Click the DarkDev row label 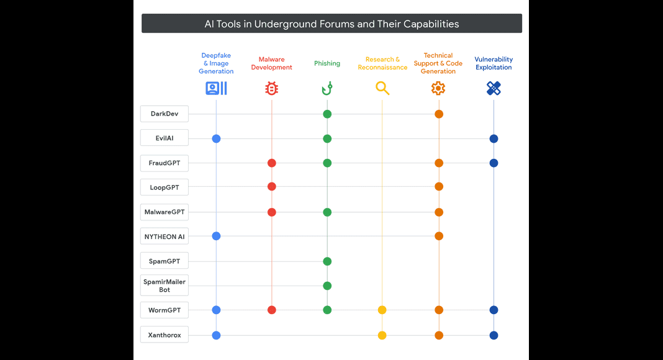coord(165,114)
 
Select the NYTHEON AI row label coord(165,236)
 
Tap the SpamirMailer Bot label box coord(165,286)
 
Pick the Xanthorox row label coord(165,335)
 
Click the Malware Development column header coord(271,63)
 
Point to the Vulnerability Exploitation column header coord(494,63)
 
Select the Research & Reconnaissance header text coord(382,63)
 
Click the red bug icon coord(271,88)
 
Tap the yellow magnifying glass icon coord(382,88)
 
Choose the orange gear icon coord(438,88)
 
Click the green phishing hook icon coord(327,88)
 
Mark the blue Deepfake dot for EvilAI coord(216,138)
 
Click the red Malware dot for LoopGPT coord(272,186)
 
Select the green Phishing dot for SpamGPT coord(327,261)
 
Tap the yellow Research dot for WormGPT coord(382,310)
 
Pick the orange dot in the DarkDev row coord(439,114)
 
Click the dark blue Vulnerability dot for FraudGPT coord(494,163)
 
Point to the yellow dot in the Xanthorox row coord(382,336)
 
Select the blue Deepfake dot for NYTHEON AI coord(216,236)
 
